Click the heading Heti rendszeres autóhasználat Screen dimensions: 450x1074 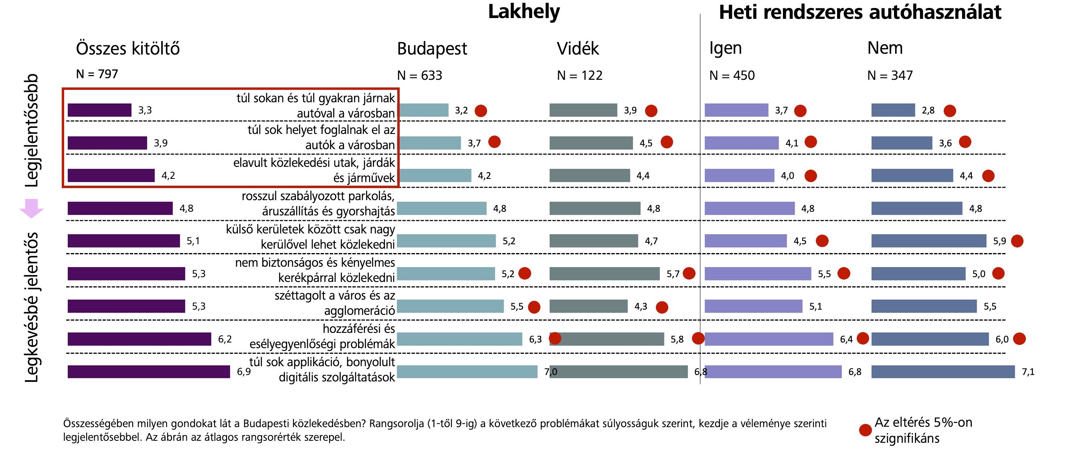[x=860, y=12]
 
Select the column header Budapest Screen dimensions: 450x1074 [x=432, y=49]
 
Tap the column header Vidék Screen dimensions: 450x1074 [x=578, y=49]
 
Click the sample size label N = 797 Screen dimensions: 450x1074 [x=97, y=74]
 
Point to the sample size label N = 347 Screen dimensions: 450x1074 [x=890, y=75]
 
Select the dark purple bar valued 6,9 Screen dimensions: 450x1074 [x=148, y=372]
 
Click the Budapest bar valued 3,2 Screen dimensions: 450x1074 [x=423, y=110]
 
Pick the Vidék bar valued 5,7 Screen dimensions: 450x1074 [x=604, y=274]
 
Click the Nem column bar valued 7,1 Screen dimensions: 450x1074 [x=943, y=372]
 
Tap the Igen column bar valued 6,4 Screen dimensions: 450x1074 [x=769, y=339]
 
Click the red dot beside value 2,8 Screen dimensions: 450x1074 [x=950, y=111]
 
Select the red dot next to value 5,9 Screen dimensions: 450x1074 [x=1017, y=241]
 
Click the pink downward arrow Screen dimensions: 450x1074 [x=31, y=208]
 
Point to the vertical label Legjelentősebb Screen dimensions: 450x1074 [x=31, y=130]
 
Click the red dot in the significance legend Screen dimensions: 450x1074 [x=865, y=430]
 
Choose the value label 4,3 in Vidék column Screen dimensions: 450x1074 [x=640, y=306]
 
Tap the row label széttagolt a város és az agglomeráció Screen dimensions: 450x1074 [x=334, y=303]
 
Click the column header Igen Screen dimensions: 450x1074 [x=726, y=49]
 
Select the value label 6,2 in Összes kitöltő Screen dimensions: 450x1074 [x=225, y=339]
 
